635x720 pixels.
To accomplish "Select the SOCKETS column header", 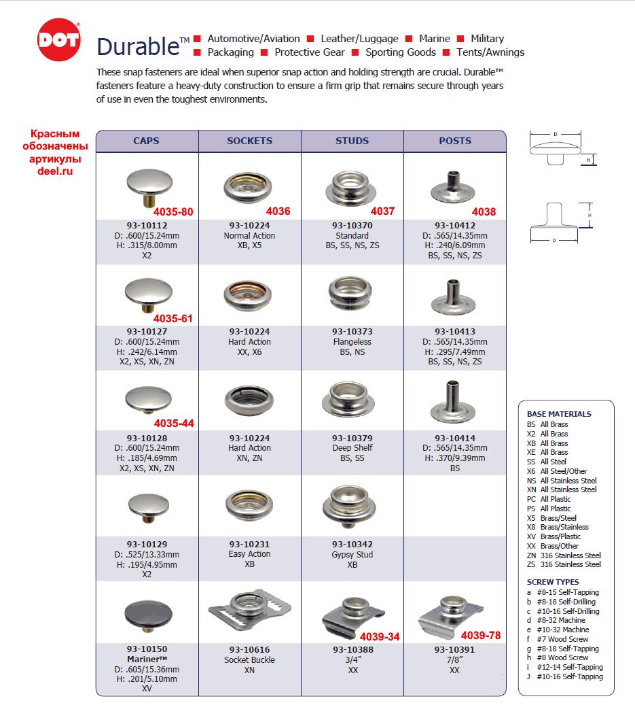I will pos(249,141).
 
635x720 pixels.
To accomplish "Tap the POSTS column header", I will pos(455,141).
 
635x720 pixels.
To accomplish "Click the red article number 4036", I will pos(278,211).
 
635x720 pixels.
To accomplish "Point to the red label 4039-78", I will pos(480,636).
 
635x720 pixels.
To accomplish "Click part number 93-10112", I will pos(147,226).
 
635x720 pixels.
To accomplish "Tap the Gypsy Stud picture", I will pos(351,505).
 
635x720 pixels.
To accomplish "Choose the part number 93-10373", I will pos(352,332).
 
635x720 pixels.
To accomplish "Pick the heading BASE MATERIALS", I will pos(559,414).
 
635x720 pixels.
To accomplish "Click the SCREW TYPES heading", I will pos(553,582).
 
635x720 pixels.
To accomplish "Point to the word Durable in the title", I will pos(139,46).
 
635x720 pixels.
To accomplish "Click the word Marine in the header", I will pos(435,39).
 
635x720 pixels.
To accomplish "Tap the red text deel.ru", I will pos(55,171).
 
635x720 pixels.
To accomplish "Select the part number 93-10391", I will pos(455,650).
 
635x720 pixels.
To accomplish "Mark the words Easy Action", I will pos(249,554).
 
